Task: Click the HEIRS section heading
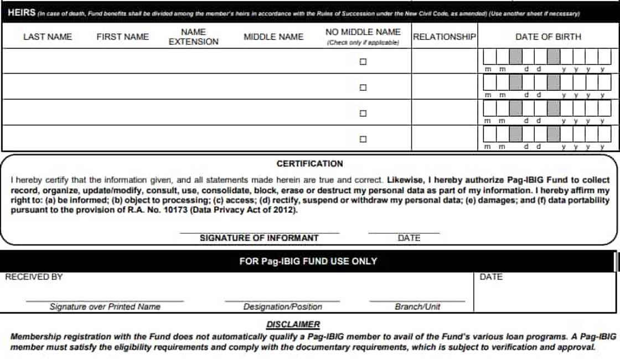coord(22,12)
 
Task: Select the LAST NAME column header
coord(48,37)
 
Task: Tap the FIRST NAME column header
coord(122,37)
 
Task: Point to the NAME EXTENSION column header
coord(193,37)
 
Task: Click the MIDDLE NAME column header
coord(273,37)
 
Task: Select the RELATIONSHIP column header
coord(444,37)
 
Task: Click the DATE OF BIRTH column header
coord(548,37)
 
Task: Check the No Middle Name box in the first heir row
coord(363,61)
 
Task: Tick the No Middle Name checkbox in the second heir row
coord(363,88)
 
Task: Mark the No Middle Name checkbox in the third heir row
coord(363,113)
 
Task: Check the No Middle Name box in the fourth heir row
coord(363,139)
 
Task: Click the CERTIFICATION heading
coord(310,163)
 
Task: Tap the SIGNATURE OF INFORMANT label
coord(259,238)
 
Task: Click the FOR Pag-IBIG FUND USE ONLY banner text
coord(308,261)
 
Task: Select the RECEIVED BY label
coord(34,277)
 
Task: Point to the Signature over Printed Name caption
coord(105,307)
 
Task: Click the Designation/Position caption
coord(282,307)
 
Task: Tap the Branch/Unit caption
coord(417,307)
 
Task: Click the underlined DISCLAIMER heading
coord(293,325)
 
